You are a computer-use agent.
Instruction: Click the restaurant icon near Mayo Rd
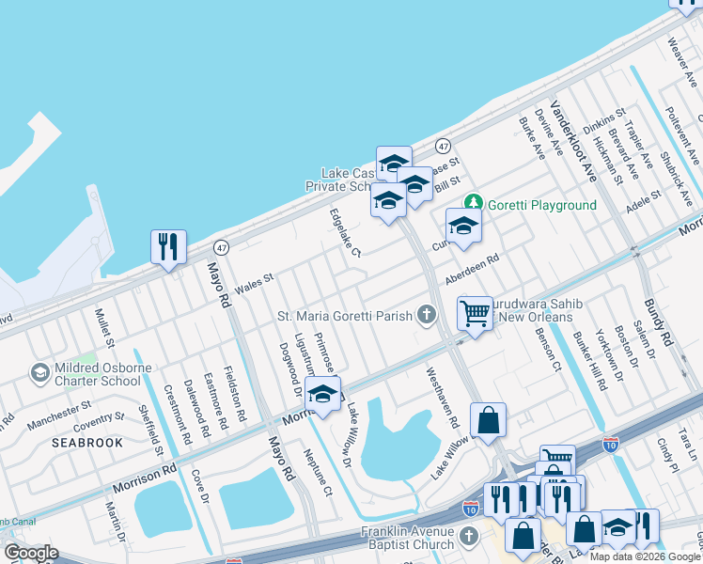click(x=168, y=247)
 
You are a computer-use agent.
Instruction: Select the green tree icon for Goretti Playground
click(x=475, y=202)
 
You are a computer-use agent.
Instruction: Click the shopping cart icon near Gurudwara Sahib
click(x=476, y=314)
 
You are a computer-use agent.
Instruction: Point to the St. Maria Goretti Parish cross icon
click(x=428, y=315)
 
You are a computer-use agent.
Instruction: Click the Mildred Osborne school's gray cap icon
click(x=40, y=373)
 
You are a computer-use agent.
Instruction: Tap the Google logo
click(x=30, y=552)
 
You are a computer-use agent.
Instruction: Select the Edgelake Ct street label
click(x=344, y=233)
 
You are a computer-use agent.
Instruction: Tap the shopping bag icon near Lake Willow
click(x=489, y=422)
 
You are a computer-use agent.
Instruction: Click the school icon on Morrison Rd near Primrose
click(x=322, y=395)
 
